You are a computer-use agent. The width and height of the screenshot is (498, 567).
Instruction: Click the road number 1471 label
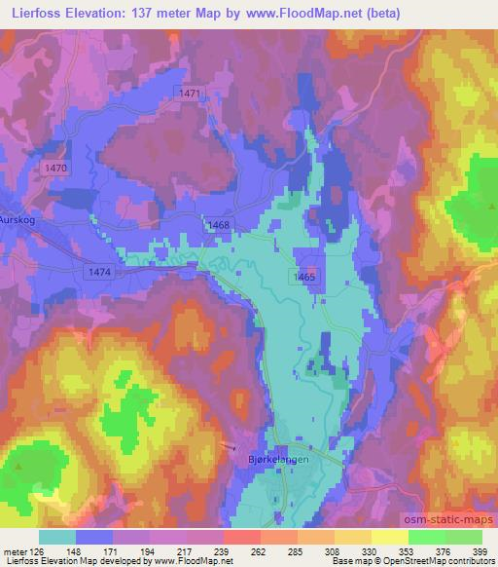[x=189, y=93]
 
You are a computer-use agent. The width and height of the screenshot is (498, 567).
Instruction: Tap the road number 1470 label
[x=55, y=169]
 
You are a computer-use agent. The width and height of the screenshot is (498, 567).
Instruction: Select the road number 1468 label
[x=218, y=225]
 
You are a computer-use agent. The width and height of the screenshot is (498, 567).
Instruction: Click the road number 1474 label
[x=98, y=272]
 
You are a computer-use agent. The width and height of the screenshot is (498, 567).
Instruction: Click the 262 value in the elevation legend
[x=259, y=550]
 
